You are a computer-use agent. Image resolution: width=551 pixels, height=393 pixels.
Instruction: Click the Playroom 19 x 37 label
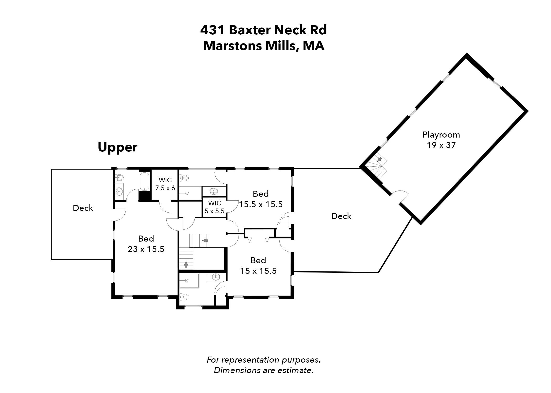click(441, 140)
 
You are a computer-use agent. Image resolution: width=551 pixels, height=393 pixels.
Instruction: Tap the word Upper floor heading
click(118, 148)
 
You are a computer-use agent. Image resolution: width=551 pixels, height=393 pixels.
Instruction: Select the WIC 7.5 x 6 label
click(165, 184)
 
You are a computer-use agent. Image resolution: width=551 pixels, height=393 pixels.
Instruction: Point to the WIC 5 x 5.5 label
click(215, 207)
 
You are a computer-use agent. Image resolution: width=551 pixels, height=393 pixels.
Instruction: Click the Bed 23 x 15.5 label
click(146, 244)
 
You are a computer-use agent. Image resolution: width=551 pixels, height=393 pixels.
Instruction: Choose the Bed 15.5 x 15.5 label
click(261, 199)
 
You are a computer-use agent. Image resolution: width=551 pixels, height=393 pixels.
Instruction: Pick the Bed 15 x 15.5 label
click(258, 265)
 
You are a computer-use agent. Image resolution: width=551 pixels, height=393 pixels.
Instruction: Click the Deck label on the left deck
click(83, 208)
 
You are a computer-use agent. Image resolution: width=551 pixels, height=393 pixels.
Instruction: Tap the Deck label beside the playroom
click(341, 216)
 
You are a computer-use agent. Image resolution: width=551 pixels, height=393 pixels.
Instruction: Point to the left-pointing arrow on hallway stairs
click(205, 240)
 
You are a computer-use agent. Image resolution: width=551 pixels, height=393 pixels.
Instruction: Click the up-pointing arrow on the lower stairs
click(186, 264)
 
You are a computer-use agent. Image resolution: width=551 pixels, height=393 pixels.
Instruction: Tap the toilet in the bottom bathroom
click(184, 297)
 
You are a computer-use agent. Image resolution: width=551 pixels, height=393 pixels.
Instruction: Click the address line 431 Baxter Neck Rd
click(263, 30)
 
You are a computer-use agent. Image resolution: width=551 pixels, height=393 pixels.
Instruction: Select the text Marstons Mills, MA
click(264, 46)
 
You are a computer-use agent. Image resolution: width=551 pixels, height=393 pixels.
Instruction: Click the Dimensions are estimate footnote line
click(263, 370)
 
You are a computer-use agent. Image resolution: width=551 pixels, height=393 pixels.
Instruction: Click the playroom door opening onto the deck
click(400, 196)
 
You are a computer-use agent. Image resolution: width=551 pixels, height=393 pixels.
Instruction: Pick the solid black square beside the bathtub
click(143, 196)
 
